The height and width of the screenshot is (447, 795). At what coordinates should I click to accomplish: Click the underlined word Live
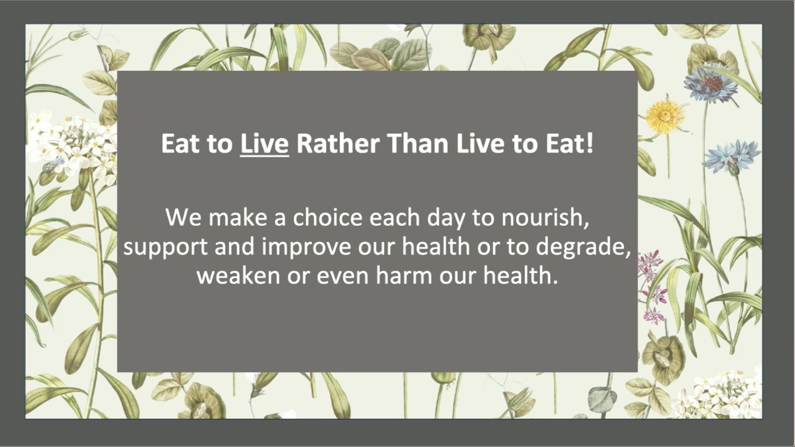click(x=265, y=143)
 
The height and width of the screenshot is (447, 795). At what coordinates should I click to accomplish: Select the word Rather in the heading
click(x=338, y=143)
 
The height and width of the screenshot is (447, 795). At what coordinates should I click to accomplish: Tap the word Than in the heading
click(x=418, y=143)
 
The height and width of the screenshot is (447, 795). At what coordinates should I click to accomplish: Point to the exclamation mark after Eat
click(x=590, y=143)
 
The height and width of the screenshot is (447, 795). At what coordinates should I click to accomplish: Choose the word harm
click(x=404, y=276)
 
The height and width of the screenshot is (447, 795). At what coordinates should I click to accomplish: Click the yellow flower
click(x=665, y=115)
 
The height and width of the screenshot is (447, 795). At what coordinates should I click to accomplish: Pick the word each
click(x=394, y=217)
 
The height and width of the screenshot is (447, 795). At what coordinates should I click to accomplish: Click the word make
click(x=238, y=217)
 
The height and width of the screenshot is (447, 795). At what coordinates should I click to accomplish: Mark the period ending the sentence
click(x=555, y=282)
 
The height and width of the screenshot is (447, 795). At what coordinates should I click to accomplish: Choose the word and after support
click(x=235, y=246)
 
